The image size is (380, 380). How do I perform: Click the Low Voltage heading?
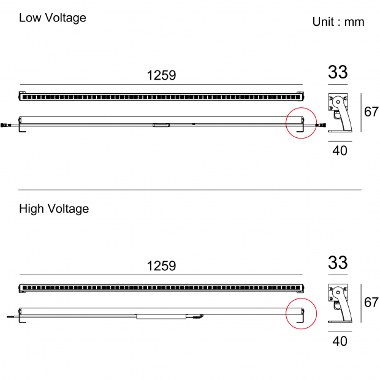tap(53, 18)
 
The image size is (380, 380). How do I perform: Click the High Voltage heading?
tap(54, 209)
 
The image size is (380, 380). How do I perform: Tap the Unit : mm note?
tap(338, 22)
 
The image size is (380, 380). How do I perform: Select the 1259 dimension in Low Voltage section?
tap(161, 75)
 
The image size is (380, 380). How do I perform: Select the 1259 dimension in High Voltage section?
tap(161, 266)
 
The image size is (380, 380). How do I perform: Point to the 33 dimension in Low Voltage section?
tap(338, 72)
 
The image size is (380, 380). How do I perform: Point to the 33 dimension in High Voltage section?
tap(338, 263)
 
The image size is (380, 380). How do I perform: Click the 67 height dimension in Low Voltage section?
tap(371, 112)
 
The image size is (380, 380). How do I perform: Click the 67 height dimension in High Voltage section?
tap(371, 302)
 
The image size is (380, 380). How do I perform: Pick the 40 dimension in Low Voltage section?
tap(340, 151)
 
